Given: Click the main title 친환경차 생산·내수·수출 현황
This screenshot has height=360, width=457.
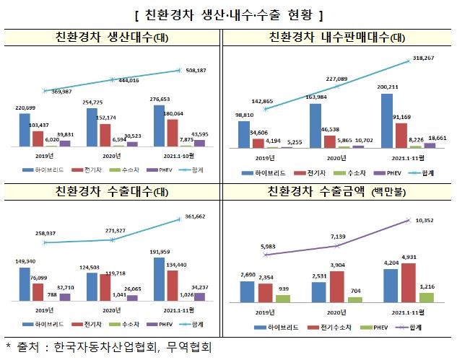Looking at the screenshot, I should pos(228,14).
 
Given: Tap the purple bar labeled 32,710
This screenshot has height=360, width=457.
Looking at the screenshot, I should pos(66,296).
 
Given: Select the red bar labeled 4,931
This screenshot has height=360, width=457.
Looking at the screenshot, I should pos(404,282).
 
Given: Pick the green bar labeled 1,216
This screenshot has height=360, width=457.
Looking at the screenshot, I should pos(427,297).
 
